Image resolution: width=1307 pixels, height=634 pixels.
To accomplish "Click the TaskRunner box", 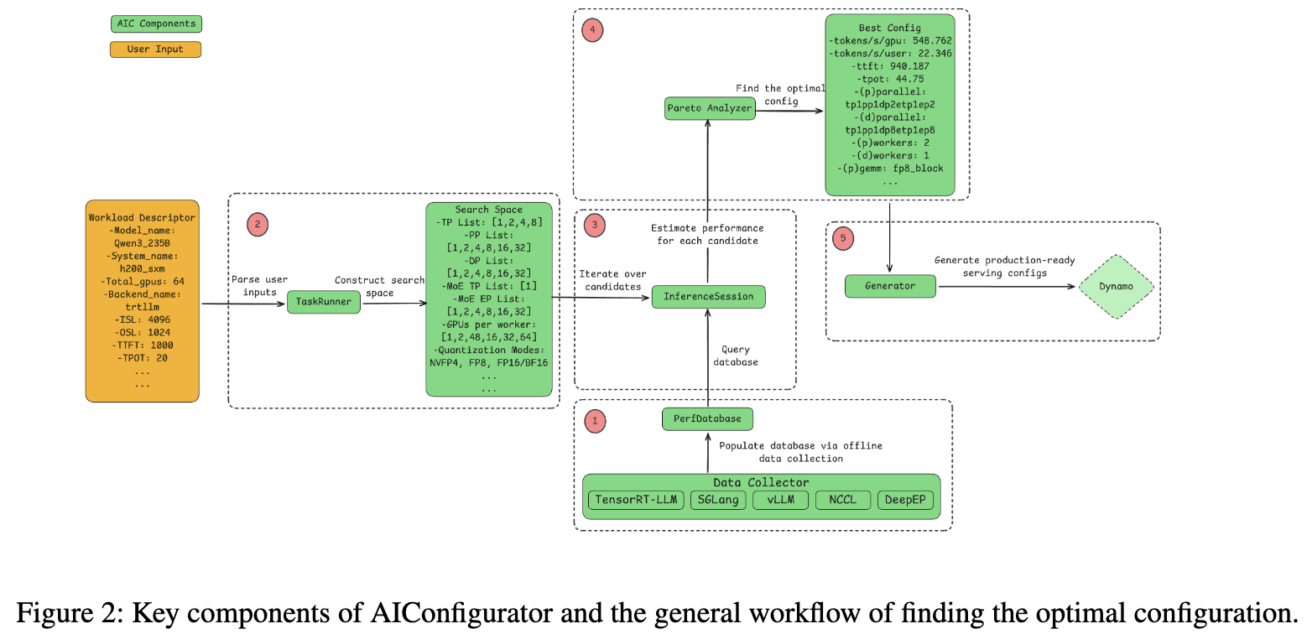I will (x=324, y=302).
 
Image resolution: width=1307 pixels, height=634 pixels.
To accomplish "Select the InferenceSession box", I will (x=709, y=296).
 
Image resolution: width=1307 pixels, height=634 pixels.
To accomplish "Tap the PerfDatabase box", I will (x=707, y=419).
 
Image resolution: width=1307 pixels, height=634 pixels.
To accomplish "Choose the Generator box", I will (x=890, y=286).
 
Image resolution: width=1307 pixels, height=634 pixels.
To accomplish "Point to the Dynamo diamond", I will (x=1116, y=286).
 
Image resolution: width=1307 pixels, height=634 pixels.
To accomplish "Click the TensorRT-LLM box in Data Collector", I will (x=635, y=500).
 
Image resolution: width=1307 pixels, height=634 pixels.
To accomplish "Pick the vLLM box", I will (x=779, y=500).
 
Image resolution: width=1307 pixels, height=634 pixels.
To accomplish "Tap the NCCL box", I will (x=843, y=500).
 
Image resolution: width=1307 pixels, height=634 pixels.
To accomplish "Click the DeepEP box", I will (x=906, y=500).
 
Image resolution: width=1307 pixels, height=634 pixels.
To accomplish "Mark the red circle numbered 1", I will (x=595, y=420).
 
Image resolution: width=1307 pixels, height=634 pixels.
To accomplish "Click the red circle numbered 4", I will (x=593, y=30).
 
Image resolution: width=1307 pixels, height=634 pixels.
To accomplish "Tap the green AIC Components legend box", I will (x=156, y=23).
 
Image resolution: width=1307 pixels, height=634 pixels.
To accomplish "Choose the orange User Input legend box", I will (x=156, y=49).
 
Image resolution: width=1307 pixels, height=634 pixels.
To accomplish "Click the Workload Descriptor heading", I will (x=142, y=218).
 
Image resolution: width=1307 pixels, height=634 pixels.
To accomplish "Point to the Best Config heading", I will (x=889, y=28).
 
